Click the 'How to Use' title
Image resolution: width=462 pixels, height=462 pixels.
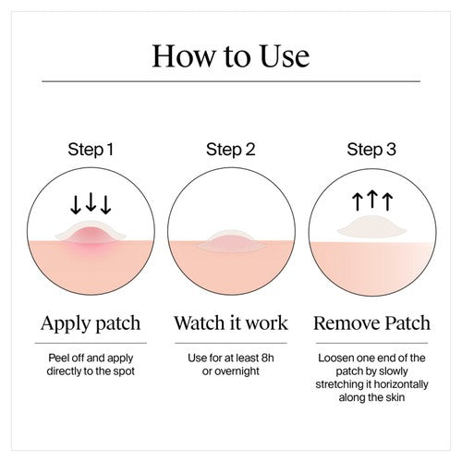pos(231,55)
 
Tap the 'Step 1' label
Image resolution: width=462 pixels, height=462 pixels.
pos(91,150)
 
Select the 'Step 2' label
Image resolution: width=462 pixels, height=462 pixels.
pos(231,150)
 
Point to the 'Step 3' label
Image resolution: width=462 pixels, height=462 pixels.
pos(371,150)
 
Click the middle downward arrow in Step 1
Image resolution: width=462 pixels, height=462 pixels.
pos(91,201)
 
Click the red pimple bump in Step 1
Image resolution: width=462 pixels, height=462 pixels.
pos(91,236)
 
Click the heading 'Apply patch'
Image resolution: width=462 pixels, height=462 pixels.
pos(91,323)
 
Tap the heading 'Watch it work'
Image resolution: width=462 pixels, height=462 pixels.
pos(231,322)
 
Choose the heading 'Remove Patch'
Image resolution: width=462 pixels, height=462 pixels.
pos(371,322)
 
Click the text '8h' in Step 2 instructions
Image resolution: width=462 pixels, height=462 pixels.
pos(267,358)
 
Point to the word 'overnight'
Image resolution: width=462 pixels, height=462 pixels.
pos(237,371)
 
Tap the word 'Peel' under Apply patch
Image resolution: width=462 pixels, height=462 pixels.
pos(58,358)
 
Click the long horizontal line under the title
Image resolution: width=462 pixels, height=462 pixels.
pos(231,81)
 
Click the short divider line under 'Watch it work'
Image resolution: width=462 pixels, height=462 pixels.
pos(231,343)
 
